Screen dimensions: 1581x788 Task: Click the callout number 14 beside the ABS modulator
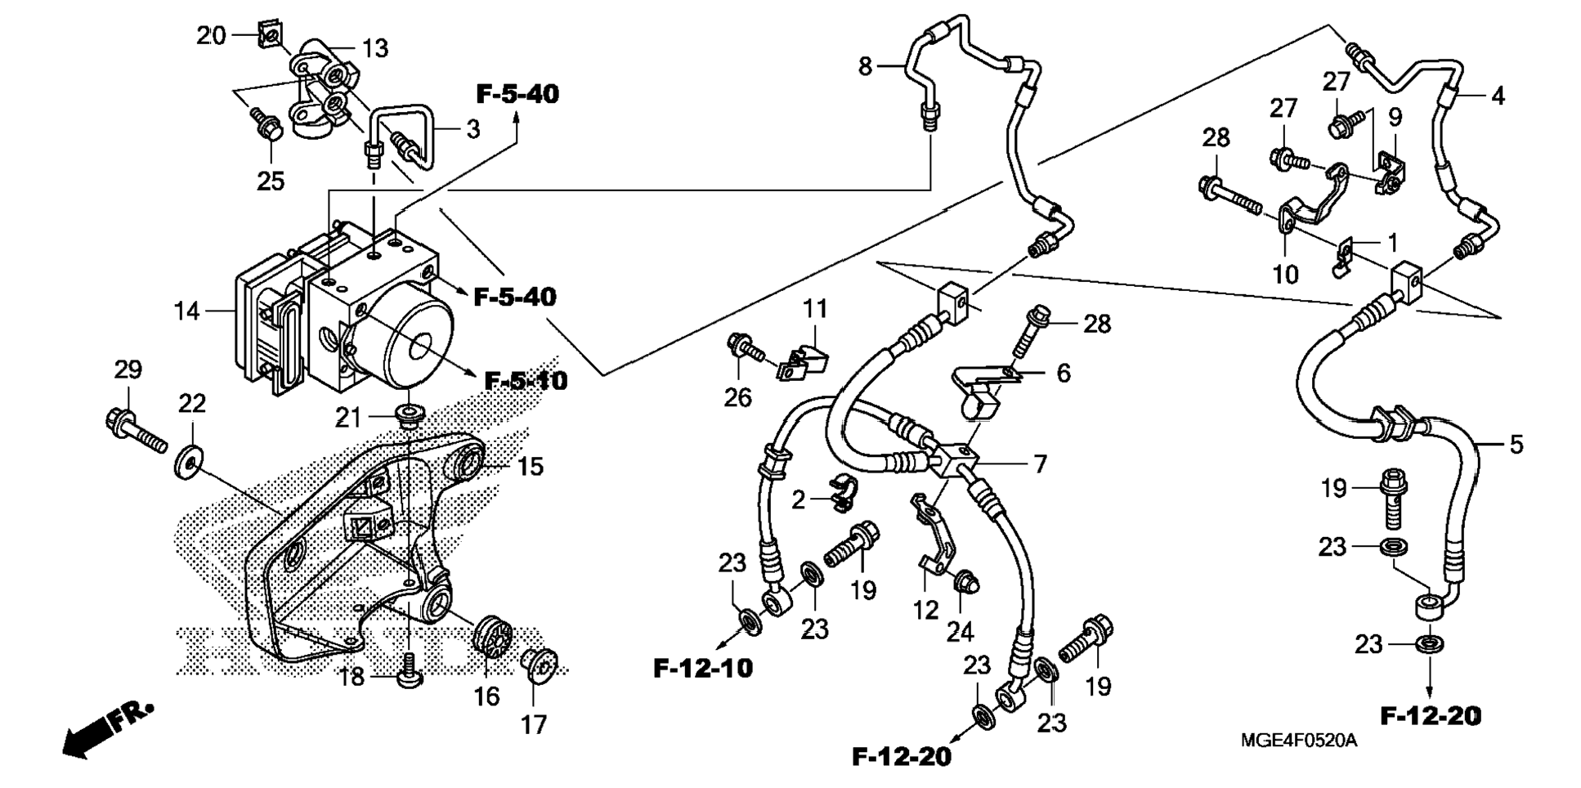(x=187, y=311)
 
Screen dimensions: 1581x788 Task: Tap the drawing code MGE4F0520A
(x=1299, y=741)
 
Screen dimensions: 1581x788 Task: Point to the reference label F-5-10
(x=526, y=381)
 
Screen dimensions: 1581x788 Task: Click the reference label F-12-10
(x=703, y=669)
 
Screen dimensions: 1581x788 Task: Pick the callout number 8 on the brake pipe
(x=866, y=65)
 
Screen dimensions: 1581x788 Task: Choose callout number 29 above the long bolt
(x=128, y=370)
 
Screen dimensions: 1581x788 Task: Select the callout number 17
(x=534, y=724)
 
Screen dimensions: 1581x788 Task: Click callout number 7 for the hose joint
(x=1040, y=464)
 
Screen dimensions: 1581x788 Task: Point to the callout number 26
(x=737, y=398)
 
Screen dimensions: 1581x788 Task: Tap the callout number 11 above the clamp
(x=814, y=309)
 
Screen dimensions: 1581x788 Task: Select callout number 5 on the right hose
(x=1516, y=445)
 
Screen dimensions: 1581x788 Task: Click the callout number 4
(x=1498, y=96)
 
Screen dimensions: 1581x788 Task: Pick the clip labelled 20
(x=271, y=35)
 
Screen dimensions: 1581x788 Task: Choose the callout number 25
(x=271, y=181)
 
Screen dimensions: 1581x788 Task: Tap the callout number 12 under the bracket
(x=925, y=610)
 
